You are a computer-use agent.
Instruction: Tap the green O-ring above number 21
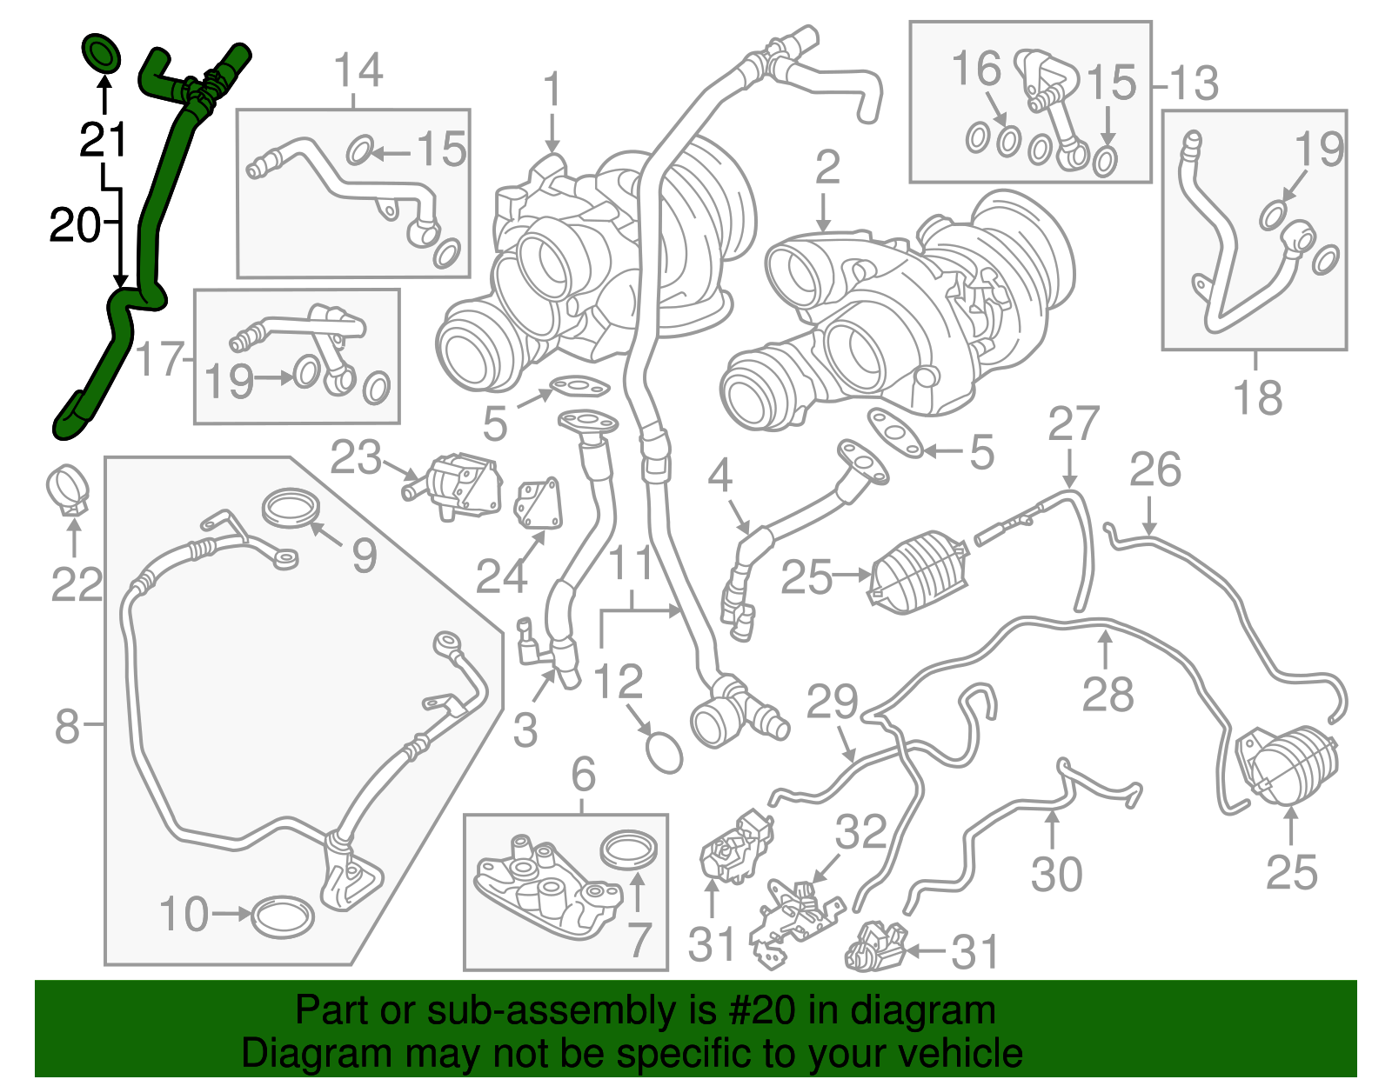(x=102, y=54)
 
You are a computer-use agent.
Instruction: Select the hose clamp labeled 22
(x=68, y=490)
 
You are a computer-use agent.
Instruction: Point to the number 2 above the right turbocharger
(x=826, y=167)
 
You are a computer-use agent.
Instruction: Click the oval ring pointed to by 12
(x=665, y=751)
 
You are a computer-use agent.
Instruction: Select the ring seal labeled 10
(x=283, y=916)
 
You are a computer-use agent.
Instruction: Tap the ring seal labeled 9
(x=290, y=508)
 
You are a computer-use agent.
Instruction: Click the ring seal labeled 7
(x=629, y=849)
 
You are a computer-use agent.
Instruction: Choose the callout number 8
(x=67, y=725)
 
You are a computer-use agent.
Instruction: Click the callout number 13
(x=1194, y=84)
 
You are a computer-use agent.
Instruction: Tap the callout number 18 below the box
(x=1257, y=397)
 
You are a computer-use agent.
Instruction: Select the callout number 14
(x=358, y=70)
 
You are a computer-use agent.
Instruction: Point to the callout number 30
(x=1056, y=874)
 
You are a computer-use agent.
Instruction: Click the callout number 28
(x=1108, y=695)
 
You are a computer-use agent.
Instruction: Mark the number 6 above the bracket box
(x=583, y=773)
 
